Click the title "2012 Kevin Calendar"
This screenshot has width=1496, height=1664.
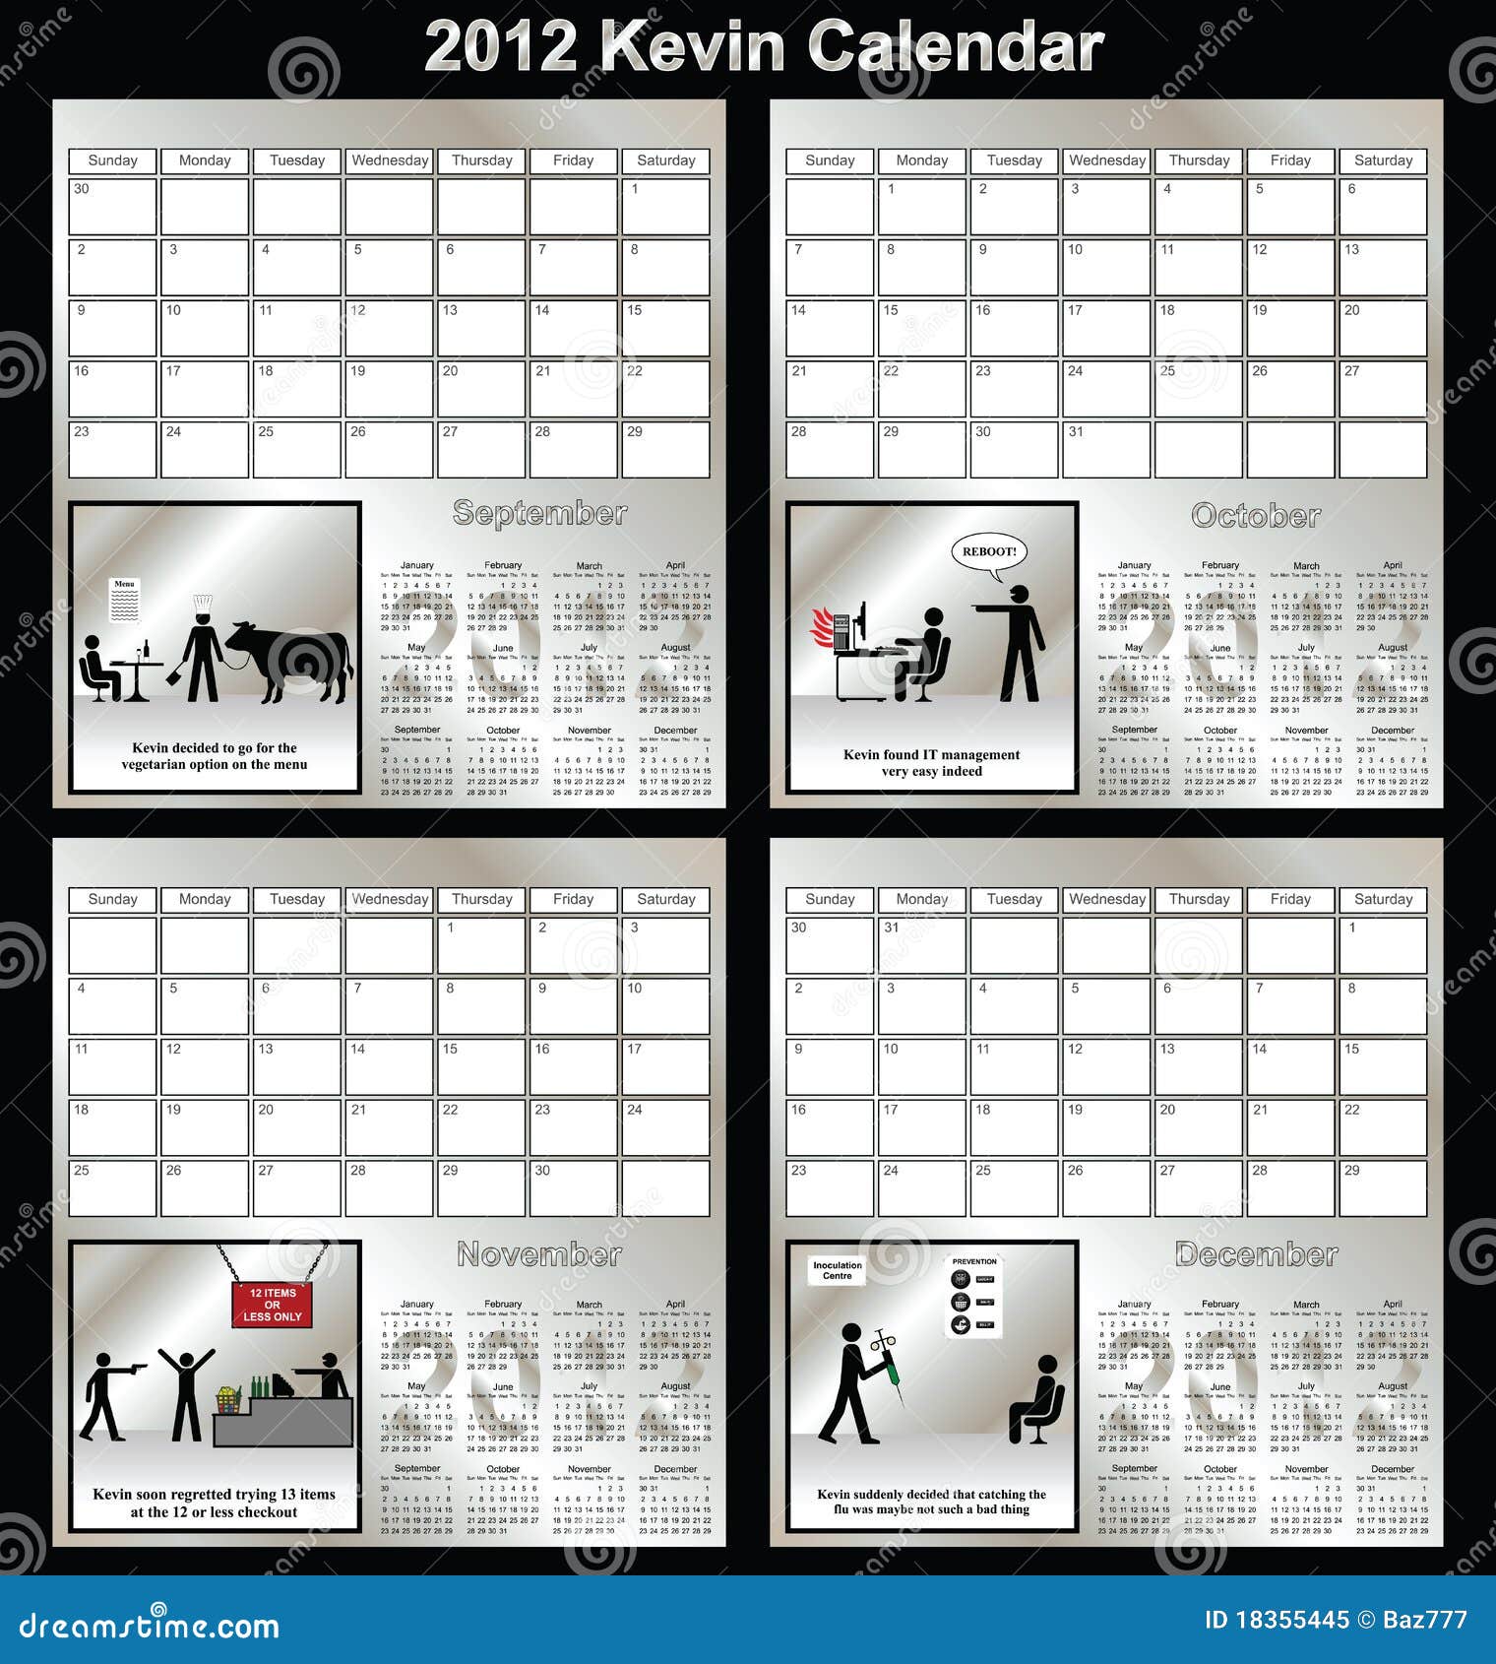pos(763,46)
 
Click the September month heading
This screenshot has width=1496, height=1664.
pos(539,513)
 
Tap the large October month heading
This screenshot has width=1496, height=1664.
pos(1256,516)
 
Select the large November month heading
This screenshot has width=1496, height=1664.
pos(539,1254)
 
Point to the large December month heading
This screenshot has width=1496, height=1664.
pos(1256,1254)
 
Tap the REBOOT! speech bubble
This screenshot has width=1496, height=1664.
pos(988,551)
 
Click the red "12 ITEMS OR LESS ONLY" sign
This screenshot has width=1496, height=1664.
pos(273,1305)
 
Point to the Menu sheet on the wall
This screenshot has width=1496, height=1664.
pos(124,600)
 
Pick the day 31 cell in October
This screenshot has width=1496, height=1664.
pos(1106,449)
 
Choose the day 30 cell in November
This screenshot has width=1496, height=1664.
pos(573,1187)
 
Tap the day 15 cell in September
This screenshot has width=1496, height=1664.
pos(665,327)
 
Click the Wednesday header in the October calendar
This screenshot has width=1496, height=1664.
pos(1106,160)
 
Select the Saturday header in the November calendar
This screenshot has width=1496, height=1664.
pos(665,899)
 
